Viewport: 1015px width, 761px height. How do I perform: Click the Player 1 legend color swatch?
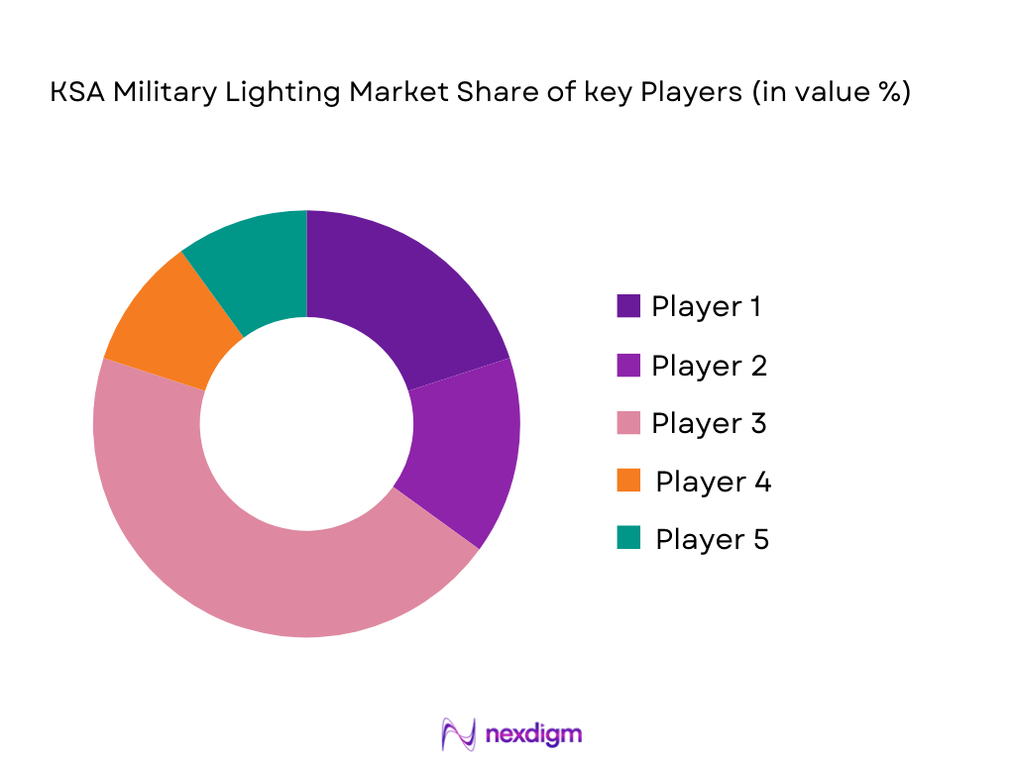click(x=628, y=306)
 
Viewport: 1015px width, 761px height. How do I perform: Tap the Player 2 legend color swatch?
click(x=628, y=365)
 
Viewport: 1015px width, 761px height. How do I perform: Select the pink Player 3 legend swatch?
click(x=628, y=423)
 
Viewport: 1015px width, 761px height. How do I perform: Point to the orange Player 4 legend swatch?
click(x=628, y=481)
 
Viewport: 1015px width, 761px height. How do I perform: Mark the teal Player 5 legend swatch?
click(x=628, y=538)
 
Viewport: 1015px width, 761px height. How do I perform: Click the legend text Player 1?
click(x=706, y=306)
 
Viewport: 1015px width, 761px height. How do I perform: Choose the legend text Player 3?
click(x=709, y=423)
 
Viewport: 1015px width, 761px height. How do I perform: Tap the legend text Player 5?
click(x=712, y=539)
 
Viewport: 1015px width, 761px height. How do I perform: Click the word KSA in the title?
click(x=72, y=93)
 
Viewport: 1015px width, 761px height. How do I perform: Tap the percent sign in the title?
click(x=888, y=93)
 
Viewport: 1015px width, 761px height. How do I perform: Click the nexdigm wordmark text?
click(x=534, y=734)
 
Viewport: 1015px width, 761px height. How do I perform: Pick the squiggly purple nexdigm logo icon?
click(x=459, y=734)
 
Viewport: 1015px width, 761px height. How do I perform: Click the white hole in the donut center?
click(x=306, y=424)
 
